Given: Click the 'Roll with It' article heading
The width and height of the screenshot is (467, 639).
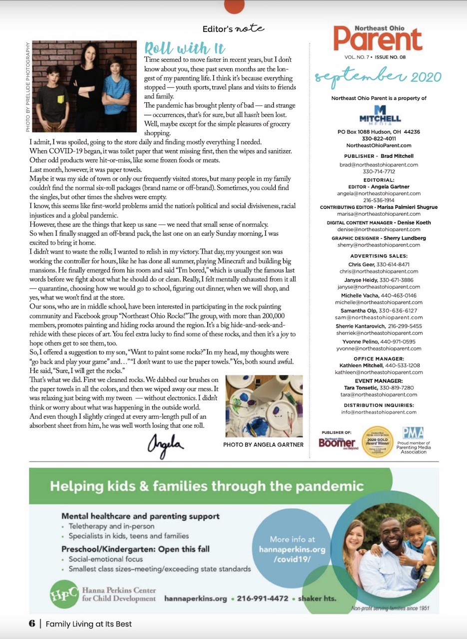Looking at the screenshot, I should (x=185, y=48).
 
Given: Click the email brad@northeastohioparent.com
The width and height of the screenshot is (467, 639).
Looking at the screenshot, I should (x=379, y=164).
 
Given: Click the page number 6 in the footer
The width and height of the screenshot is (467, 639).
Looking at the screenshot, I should (x=31, y=624).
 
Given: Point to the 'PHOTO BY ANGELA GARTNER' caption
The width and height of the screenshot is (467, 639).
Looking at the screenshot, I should (x=263, y=444).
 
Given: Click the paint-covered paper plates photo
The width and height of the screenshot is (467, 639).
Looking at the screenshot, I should (x=264, y=406).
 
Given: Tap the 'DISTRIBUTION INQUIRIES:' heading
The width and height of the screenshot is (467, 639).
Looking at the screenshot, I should (x=379, y=405).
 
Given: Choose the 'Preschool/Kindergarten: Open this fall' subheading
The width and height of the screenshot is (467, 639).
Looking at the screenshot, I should (x=135, y=549).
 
